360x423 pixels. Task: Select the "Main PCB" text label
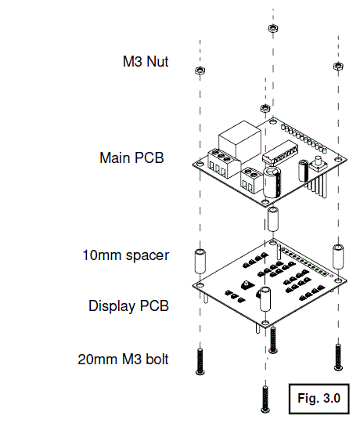tap(131, 157)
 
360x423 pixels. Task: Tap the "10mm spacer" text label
tap(125, 255)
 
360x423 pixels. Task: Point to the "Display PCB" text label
tap(128, 305)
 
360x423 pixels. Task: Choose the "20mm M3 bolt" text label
tap(124, 360)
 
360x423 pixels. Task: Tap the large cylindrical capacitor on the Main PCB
tap(272, 181)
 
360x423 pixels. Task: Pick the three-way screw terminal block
tap(221, 162)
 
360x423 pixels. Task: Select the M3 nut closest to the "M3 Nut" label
tap(199, 71)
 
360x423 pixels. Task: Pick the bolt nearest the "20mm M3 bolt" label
tap(200, 361)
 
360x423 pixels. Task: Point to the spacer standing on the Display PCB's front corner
tap(265, 298)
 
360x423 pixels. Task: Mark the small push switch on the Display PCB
tap(246, 284)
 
